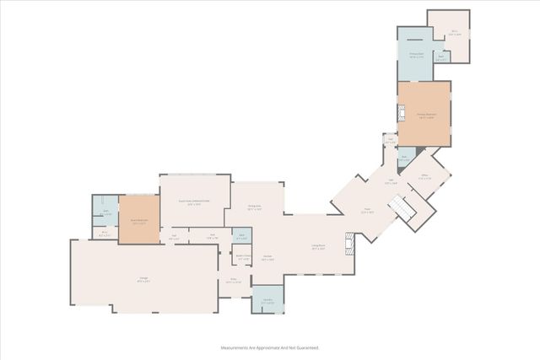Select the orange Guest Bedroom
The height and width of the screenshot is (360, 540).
(139, 221)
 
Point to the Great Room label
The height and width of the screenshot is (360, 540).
(194, 202)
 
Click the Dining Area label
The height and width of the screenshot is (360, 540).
(254, 208)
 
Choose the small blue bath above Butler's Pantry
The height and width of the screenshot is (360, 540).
(241, 238)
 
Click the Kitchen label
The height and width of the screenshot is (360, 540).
(267, 258)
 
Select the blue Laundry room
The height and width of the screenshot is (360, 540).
(267, 301)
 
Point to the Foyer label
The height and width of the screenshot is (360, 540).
(366, 212)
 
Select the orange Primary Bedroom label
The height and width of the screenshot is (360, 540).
(427, 116)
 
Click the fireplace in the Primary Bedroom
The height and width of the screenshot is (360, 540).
(402, 116)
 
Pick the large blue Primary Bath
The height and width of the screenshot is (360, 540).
(415, 56)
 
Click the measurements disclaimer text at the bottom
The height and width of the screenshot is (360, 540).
(270, 347)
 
